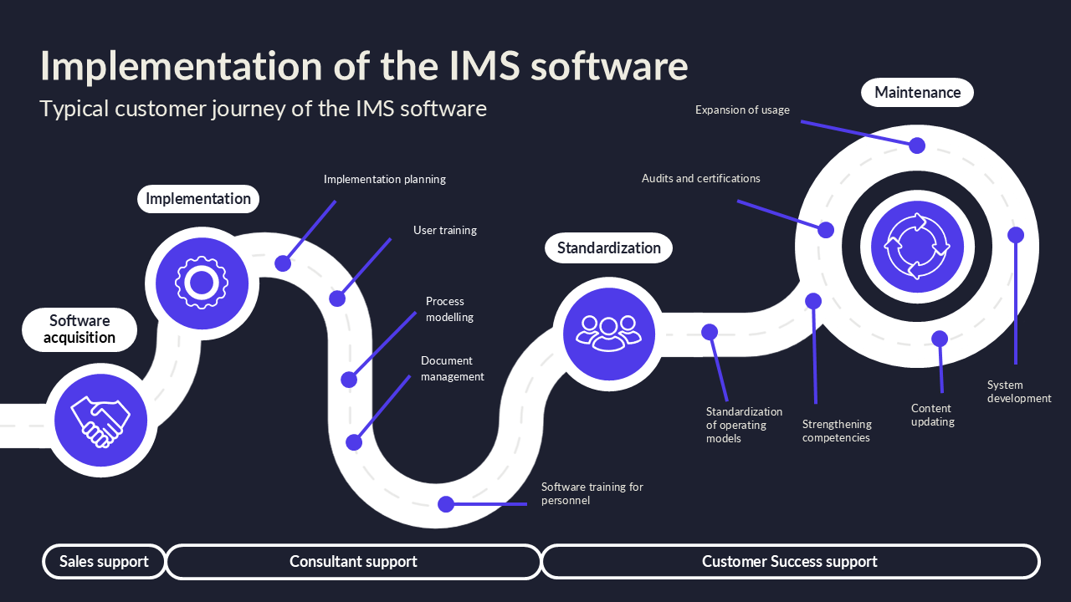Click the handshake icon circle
100,420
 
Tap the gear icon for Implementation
201,283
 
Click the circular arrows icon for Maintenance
917,247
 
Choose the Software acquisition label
79,329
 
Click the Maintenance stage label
917,92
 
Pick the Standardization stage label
608,247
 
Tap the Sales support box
104,562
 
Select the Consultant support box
353,562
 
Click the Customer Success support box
789,562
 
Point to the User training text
445,230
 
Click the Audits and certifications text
700,178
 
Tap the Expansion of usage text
742,110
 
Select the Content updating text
932,415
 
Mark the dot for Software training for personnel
446,504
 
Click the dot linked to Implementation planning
283,263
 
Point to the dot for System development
1015,235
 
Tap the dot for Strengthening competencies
813,301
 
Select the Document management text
452,369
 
